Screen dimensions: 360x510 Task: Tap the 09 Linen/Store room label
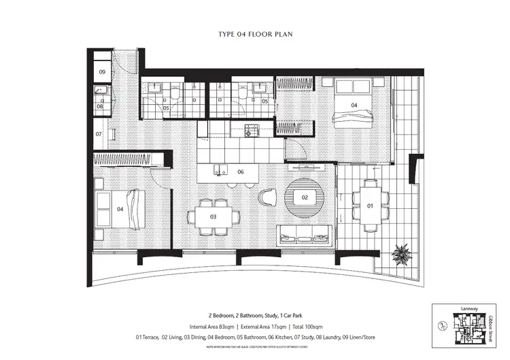(x=102, y=71)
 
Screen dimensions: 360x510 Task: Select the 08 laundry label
(x=99, y=106)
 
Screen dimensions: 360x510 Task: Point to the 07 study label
(x=99, y=134)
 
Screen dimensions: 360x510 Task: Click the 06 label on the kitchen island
(x=240, y=172)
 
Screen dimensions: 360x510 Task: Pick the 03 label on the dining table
(x=213, y=216)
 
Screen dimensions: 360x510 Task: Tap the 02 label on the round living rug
(x=305, y=197)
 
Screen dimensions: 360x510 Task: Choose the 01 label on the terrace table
(x=371, y=206)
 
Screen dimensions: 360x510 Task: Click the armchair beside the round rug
(x=267, y=197)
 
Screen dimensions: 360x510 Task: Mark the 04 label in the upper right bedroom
(x=354, y=105)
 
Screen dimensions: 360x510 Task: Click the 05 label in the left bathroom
(x=165, y=108)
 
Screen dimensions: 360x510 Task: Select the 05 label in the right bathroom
(x=265, y=101)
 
